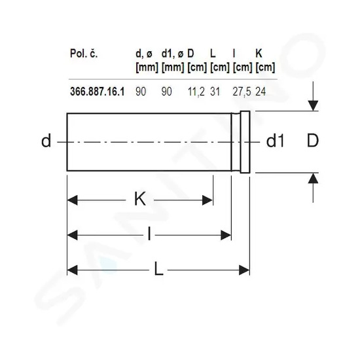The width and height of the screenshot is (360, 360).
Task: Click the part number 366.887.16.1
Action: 98,92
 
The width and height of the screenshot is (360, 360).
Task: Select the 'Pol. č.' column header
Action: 84,54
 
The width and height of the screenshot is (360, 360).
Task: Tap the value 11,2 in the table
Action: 196,92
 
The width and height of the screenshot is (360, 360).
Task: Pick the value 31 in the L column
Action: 215,92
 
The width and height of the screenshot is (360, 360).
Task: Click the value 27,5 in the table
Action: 242,92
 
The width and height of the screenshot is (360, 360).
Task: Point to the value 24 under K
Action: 261,92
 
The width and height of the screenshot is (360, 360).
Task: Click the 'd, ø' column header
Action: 144,54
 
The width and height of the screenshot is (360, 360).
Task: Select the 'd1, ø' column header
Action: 172,54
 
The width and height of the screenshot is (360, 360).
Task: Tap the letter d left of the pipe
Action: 46,141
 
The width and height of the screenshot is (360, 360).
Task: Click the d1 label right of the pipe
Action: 276,141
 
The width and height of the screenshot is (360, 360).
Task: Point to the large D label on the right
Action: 313,141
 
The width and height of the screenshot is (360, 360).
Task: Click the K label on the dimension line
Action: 140,199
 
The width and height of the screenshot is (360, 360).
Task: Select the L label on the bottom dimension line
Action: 158,268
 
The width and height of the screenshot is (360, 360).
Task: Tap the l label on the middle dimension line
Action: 149,234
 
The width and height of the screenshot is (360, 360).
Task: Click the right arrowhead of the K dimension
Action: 207,200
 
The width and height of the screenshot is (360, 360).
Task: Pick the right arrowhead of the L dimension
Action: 244,270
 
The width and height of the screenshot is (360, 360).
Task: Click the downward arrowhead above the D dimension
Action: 313,105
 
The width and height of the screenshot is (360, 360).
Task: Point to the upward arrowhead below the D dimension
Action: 313,178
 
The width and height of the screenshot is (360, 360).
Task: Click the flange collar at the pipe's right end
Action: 245,142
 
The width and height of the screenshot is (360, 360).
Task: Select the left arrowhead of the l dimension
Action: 72,235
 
